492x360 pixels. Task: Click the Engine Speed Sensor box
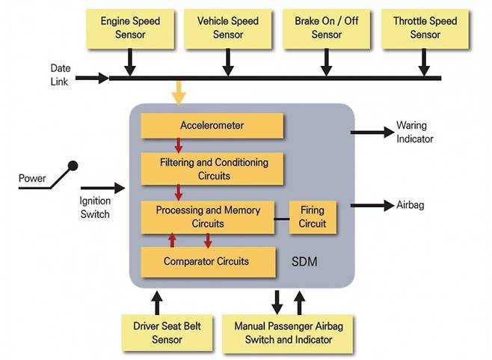tap(130, 28)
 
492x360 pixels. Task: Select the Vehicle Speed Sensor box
tap(228, 28)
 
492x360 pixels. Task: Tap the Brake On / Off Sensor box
tap(326, 28)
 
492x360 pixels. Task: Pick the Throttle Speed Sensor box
tap(425, 28)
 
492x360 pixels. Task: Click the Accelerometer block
tap(212, 125)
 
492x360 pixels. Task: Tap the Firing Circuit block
tap(313, 217)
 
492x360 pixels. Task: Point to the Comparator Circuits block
tap(206, 262)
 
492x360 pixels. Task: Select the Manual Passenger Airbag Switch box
tap(283, 333)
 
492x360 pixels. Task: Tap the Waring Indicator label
tap(414, 132)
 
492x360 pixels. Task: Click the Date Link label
tap(60, 75)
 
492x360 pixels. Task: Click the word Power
tap(33, 179)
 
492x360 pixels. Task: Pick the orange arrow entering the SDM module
tap(177, 93)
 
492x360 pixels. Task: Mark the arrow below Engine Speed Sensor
tap(130, 65)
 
